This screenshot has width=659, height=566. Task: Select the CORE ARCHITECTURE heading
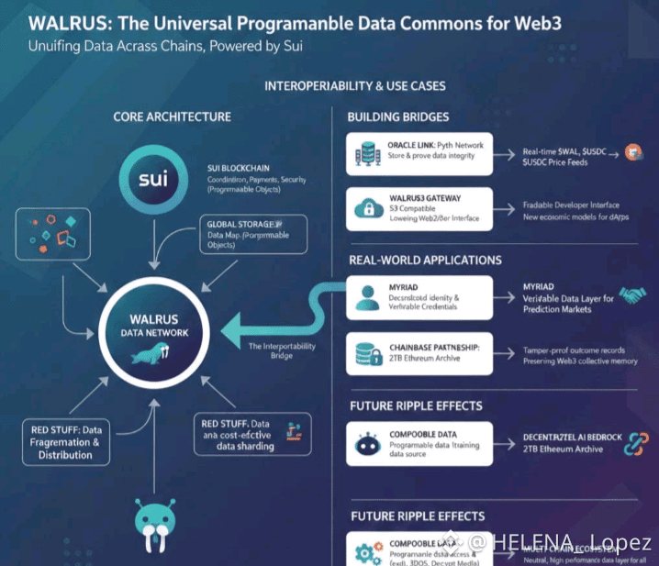click(x=172, y=117)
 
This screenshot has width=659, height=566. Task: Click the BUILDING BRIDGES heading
click(x=398, y=117)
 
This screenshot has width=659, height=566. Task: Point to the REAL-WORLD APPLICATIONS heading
click(x=424, y=260)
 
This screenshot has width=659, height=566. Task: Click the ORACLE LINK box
click(x=419, y=153)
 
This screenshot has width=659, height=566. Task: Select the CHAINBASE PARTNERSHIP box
click(x=419, y=354)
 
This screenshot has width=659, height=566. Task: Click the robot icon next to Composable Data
click(x=365, y=444)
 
